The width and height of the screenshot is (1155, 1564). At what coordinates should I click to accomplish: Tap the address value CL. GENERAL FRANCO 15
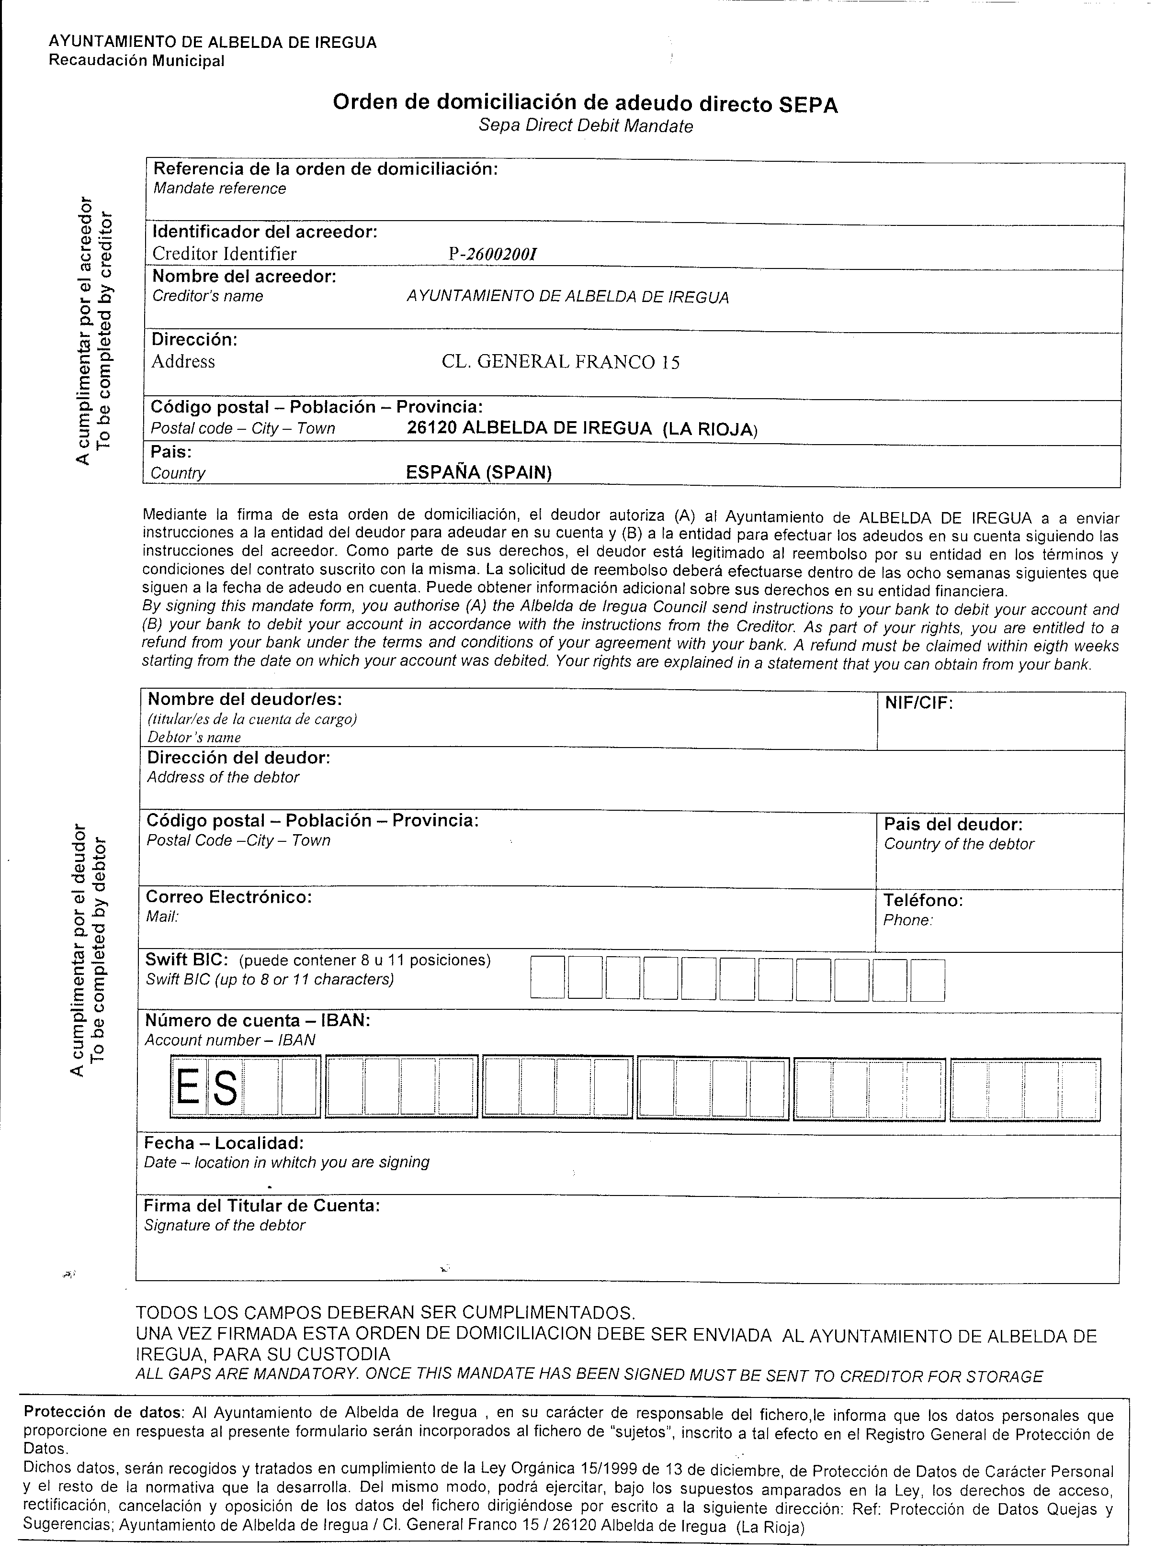point(560,362)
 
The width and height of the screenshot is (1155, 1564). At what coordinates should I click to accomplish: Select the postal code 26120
point(431,428)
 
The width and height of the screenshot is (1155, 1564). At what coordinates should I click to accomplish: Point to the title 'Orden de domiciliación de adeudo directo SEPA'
point(585,103)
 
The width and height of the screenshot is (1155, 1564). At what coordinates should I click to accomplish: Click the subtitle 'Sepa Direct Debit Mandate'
point(586,126)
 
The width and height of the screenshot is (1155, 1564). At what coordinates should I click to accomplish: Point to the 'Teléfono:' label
point(923,900)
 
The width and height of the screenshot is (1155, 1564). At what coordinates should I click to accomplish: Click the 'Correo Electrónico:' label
point(228,896)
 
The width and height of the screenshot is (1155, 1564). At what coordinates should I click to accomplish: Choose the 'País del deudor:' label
point(953,824)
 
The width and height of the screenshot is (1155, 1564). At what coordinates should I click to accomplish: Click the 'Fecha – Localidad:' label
point(224,1142)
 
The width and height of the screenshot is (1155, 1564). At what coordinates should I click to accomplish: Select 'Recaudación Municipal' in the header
point(136,61)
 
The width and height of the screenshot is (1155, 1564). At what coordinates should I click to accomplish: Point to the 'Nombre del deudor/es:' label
point(245,699)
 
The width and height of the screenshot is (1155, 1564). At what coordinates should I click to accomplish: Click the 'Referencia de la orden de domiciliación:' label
point(325,169)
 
